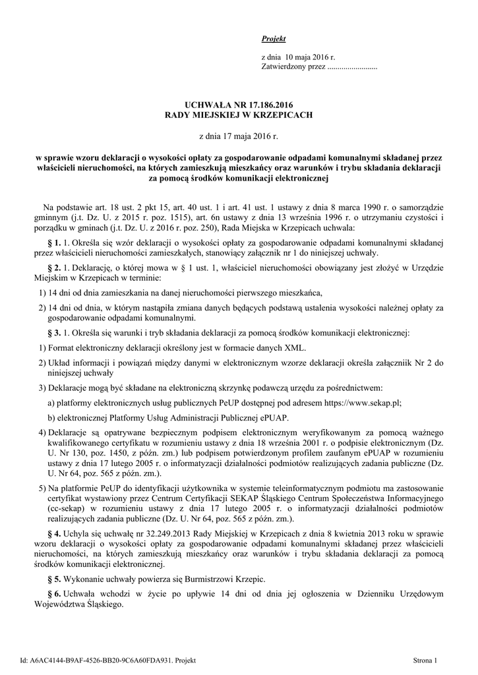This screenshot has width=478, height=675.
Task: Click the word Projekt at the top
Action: coord(269,40)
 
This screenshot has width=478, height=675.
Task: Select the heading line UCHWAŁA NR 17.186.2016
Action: coord(238,104)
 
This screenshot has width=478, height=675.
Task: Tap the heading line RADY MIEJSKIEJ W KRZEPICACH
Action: coord(238,114)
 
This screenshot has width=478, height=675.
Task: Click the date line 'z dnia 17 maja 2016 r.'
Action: coord(239,136)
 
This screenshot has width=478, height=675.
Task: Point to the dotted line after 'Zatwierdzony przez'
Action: coord(352,67)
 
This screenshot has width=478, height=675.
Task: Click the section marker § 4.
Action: coord(55,533)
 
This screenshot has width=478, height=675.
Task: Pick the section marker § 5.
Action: coord(55,579)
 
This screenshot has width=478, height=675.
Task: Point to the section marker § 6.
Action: coord(55,595)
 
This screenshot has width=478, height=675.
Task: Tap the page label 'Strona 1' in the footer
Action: coord(426,660)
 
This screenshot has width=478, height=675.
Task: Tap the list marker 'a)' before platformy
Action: coord(51,401)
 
